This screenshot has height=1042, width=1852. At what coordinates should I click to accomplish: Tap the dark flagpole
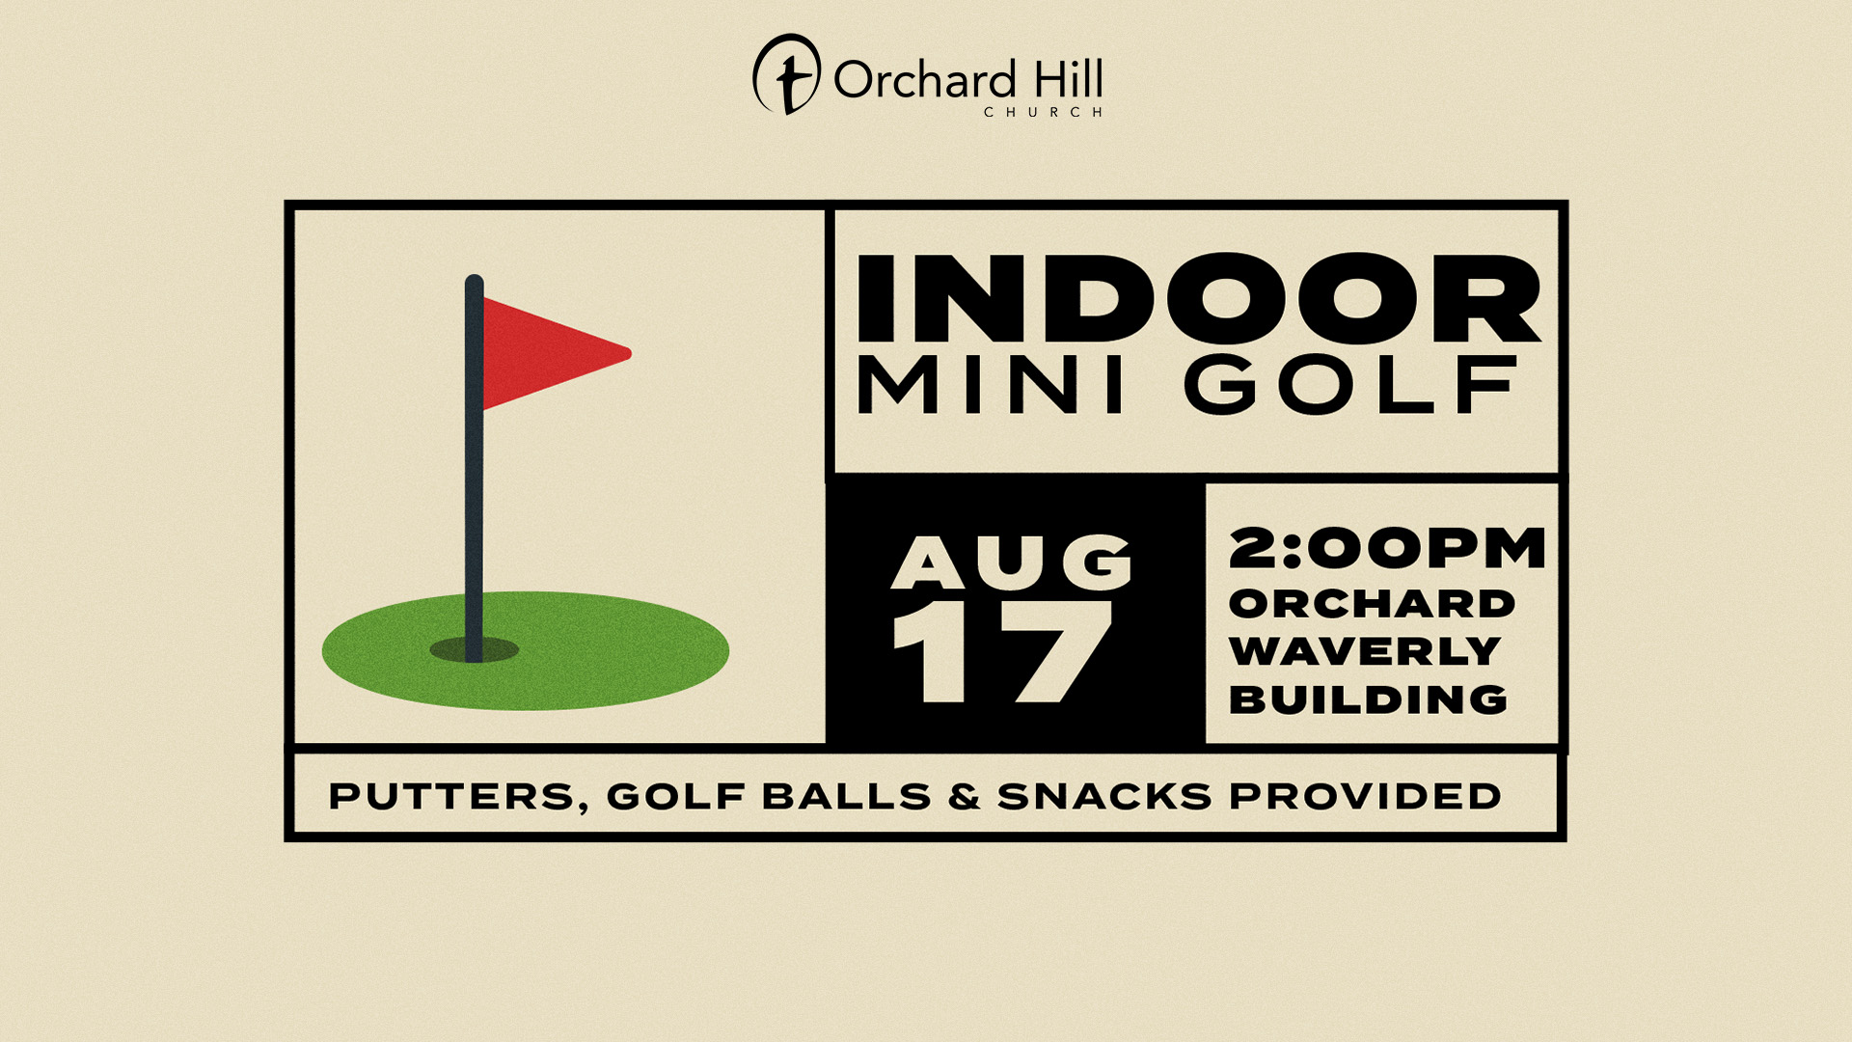pyautogui.click(x=474, y=468)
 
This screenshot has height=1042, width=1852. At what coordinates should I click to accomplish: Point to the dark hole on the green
pyautogui.click(x=475, y=649)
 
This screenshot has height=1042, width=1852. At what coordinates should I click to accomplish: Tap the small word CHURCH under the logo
pyautogui.click(x=1044, y=112)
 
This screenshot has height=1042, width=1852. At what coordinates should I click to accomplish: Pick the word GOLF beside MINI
pyautogui.click(x=1350, y=384)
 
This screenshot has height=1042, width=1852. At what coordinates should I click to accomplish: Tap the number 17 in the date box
pyautogui.click(x=1003, y=652)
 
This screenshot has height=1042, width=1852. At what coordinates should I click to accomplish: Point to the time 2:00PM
pyautogui.click(x=1387, y=548)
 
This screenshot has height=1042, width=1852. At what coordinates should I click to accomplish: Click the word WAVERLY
pyautogui.click(x=1365, y=651)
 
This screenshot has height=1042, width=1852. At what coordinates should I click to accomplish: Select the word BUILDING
pyautogui.click(x=1368, y=699)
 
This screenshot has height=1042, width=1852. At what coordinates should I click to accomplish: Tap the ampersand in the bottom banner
pyautogui.click(x=964, y=797)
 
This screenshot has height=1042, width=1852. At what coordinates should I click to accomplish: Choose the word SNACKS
pyautogui.click(x=1104, y=797)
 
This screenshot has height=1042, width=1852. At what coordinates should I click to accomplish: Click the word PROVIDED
pyautogui.click(x=1365, y=796)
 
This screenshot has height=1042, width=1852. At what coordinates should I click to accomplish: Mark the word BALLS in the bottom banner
pyautogui.click(x=847, y=797)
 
